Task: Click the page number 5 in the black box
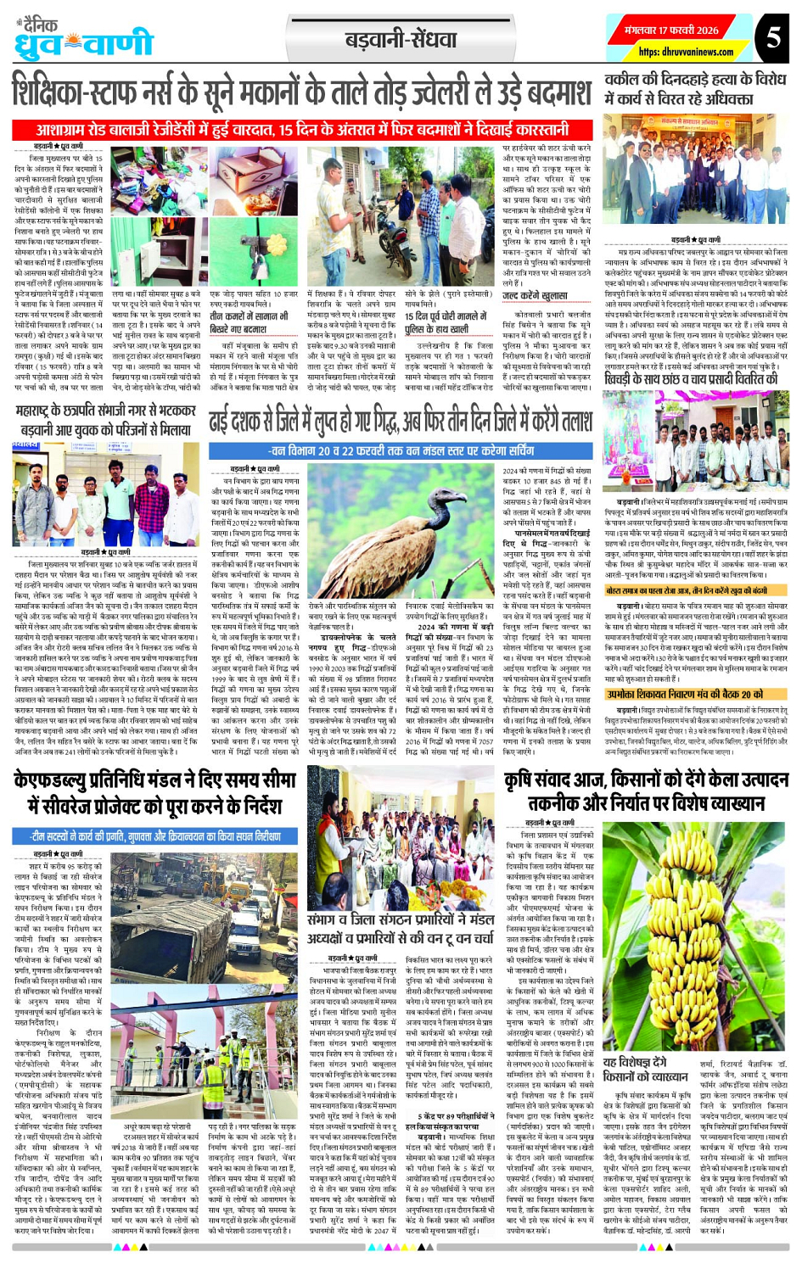point(773,37)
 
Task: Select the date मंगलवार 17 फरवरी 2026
point(672,30)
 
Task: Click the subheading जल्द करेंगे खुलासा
point(535,296)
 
